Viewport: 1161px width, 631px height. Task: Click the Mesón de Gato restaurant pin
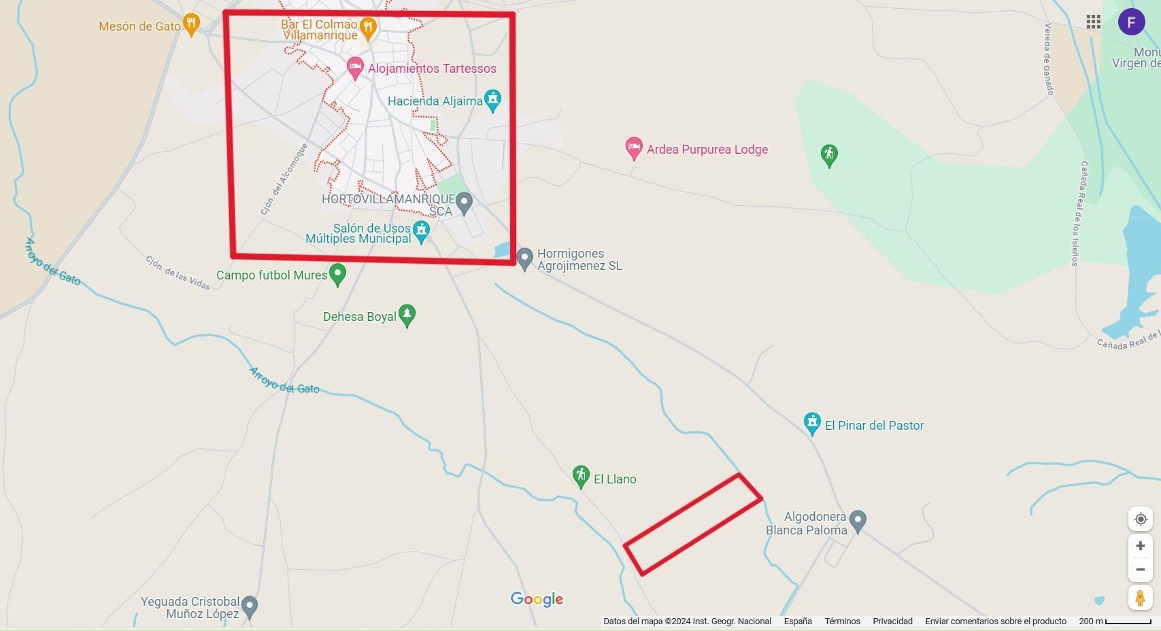tap(192, 24)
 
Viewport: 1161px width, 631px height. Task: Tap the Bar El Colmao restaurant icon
tap(368, 27)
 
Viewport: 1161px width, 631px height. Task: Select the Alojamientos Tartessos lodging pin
tap(354, 68)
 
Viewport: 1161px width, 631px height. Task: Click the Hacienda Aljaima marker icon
tap(492, 100)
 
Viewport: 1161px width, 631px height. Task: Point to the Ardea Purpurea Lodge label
tap(707, 150)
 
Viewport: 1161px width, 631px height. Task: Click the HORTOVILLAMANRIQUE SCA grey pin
tap(464, 201)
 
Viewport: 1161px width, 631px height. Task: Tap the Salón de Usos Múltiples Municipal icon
tap(422, 231)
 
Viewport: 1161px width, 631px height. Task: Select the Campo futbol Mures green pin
tap(337, 274)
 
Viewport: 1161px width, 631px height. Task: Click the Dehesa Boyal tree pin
tap(407, 315)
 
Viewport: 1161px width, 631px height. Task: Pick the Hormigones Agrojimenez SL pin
tap(524, 258)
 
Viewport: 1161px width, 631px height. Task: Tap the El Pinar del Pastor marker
tap(811, 423)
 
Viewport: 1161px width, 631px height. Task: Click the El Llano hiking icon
tap(580, 476)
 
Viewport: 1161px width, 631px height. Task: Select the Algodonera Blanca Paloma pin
tap(858, 521)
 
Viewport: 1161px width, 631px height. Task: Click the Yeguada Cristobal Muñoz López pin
tap(250, 605)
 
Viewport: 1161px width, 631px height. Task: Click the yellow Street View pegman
tap(1140, 598)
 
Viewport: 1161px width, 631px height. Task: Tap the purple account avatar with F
tap(1131, 22)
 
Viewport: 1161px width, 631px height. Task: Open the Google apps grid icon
tap(1093, 22)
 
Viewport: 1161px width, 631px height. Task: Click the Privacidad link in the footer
tap(892, 621)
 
